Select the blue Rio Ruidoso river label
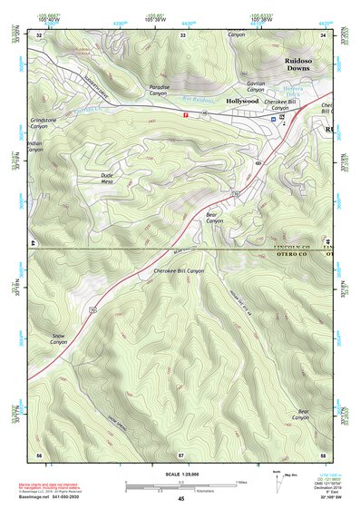197,98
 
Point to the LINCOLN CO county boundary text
292,247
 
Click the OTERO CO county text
292,256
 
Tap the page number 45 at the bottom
180,500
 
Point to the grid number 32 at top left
39,34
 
